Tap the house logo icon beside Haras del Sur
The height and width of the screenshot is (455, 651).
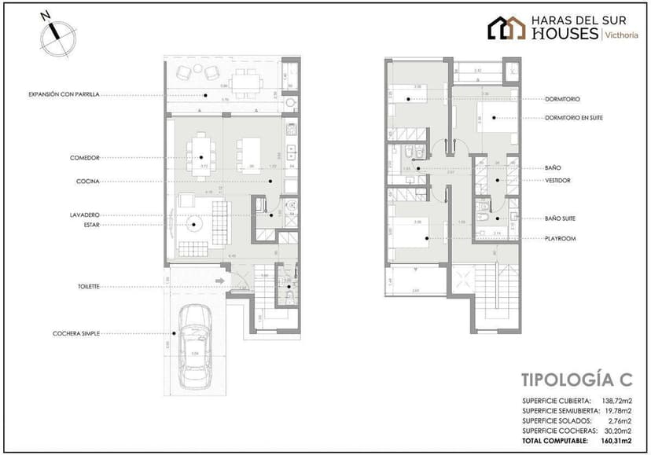[x=506, y=28]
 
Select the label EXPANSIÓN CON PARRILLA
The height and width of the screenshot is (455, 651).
[x=64, y=94]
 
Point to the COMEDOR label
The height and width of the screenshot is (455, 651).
[x=84, y=158]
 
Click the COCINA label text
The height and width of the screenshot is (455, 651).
[x=87, y=181]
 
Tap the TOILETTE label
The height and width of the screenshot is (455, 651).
[x=88, y=287]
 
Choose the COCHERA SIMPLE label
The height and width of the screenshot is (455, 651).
[x=76, y=332]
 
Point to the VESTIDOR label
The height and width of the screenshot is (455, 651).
[x=557, y=180]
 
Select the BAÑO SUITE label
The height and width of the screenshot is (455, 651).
[x=561, y=218]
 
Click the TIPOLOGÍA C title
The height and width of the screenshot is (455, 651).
[x=576, y=380]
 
